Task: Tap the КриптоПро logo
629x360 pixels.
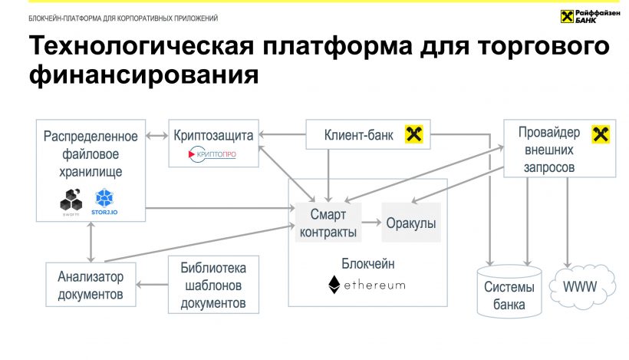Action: pos(212,154)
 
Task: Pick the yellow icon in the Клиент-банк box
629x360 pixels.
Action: pos(414,136)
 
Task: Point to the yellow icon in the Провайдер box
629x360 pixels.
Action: pos(600,135)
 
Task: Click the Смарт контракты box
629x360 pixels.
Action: pos(328,223)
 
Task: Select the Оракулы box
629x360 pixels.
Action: pos(411,223)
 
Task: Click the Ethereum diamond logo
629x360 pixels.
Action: pos(334,284)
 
